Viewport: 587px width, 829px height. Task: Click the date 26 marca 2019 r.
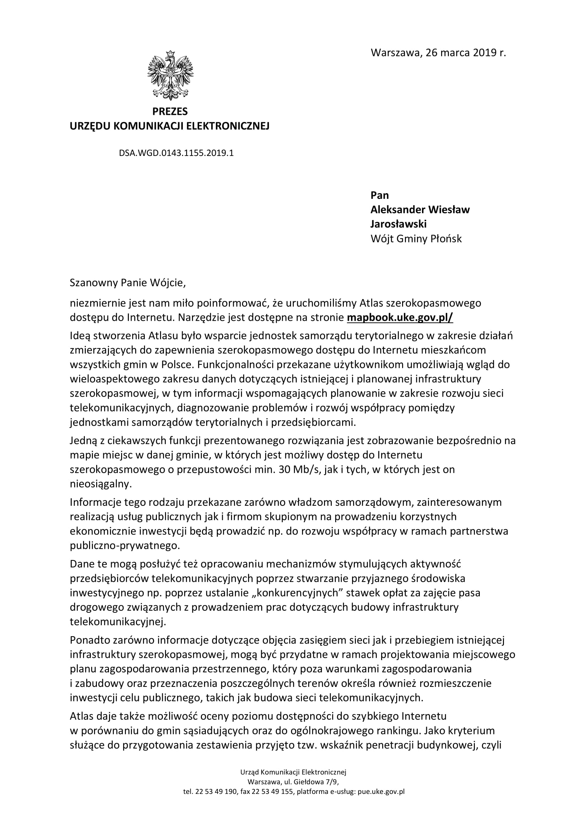466,53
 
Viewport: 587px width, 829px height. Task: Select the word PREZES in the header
170,111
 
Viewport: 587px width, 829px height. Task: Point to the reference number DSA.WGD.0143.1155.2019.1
176,153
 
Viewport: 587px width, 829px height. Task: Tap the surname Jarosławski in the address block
398,224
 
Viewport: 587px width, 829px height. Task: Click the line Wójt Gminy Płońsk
416,239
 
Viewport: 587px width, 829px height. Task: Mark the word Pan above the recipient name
379,195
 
